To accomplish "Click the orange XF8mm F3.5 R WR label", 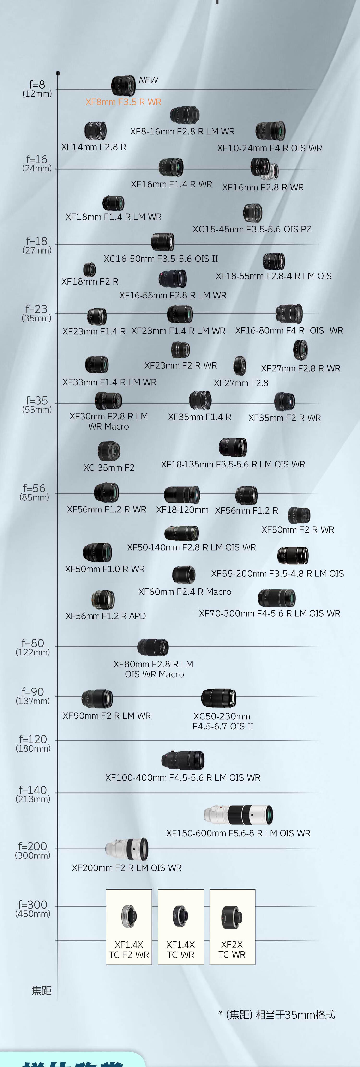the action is [x=123, y=102].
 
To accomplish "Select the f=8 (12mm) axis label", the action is [x=37, y=88].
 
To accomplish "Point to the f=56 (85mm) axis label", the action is [x=34, y=492].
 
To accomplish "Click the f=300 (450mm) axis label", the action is [x=33, y=908].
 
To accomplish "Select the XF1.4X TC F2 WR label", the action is [x=129, y=949].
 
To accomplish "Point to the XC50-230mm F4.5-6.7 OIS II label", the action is [x=222, y=721].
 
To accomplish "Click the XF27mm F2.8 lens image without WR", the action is [x=240, y=366].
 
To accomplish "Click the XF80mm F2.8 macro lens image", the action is [x=153, y=647].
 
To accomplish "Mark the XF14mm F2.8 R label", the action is [x=94, y=147].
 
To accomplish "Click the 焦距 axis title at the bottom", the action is [x=42, y=990].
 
